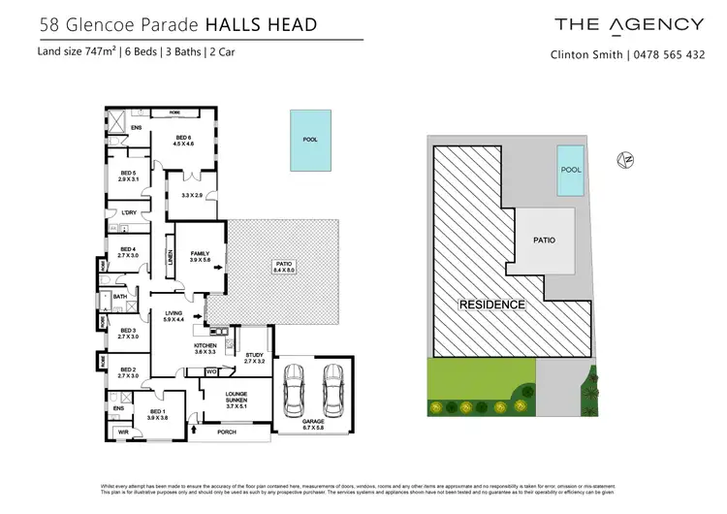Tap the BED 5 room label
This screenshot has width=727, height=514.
tap(129, 177)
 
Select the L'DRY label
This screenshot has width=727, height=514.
tap(129, 212)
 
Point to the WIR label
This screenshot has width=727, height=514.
tap(123, 433)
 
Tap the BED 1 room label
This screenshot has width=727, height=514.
tap(157, 412)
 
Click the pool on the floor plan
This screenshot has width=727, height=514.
tap(310, 140)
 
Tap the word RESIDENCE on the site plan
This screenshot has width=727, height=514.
tap(492, 305)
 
